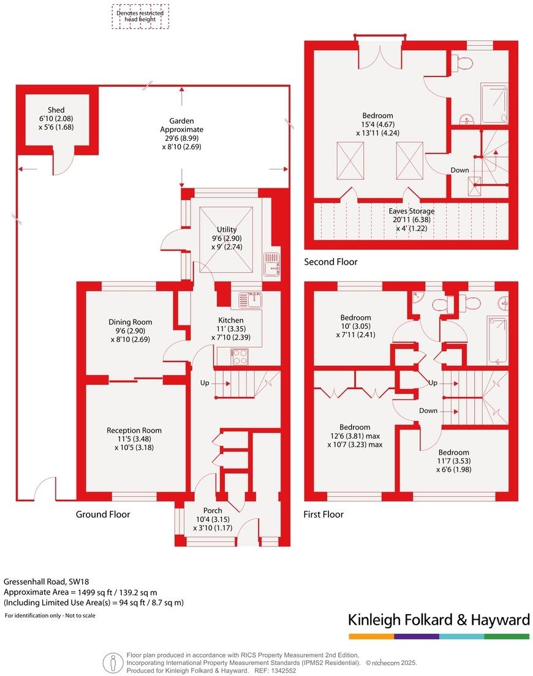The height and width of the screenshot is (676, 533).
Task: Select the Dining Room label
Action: point(130,322)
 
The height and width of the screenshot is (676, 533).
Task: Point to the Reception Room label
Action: point(134,430)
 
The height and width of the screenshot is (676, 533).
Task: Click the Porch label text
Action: point(213,510)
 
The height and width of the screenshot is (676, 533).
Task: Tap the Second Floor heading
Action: point(331,262)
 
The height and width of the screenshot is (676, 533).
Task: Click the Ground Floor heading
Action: point(102,514)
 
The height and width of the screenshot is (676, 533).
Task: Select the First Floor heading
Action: point(323,514)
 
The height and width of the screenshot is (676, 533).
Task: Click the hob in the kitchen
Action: point(240,357)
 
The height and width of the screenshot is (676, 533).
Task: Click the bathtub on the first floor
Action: point(497,338)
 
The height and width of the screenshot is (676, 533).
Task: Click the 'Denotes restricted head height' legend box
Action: point(140,16)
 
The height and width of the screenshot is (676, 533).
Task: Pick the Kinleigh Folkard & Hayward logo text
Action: point(439,620)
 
